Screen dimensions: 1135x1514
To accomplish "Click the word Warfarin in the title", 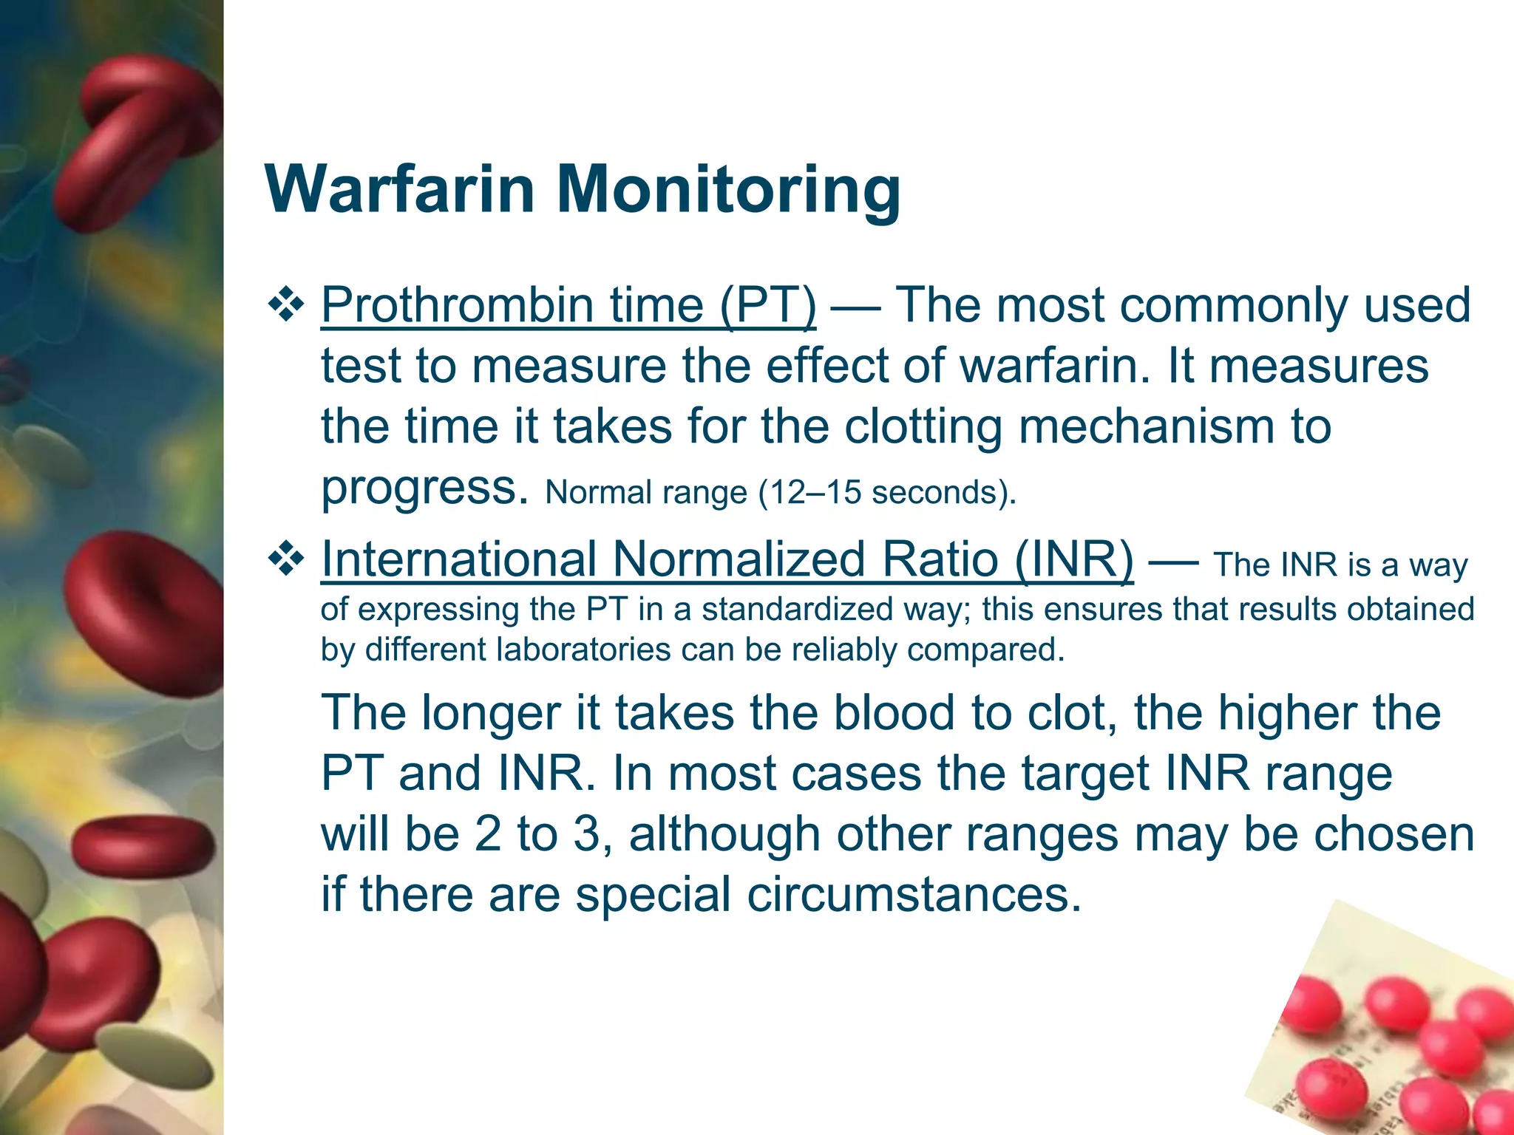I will coord(399,189).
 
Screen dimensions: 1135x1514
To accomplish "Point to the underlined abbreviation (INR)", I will coord(1073,559).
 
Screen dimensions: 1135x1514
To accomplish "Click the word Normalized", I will coord(739,559).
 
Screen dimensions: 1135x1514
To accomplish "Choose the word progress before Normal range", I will coord(425,489).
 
